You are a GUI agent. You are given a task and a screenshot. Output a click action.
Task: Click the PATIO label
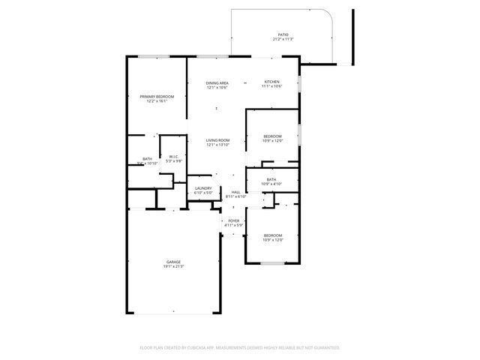tap(283, 34)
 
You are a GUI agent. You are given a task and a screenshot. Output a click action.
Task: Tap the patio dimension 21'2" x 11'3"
tap(283, 39)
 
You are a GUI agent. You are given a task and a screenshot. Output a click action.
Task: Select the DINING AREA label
tap(217, 82)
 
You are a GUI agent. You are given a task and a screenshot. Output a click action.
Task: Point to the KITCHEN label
tap(271, 82)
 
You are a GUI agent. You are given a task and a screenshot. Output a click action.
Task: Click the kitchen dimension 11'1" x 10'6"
tap(271, 86)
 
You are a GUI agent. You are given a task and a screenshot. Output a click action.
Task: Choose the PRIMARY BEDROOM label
tap(157, 96)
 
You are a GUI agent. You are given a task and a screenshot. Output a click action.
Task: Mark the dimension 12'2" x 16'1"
tap(157, 100)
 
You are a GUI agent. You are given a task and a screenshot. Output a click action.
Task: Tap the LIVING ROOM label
tap(218, 140)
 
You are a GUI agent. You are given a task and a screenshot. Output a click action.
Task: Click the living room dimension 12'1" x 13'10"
tap(218, 145)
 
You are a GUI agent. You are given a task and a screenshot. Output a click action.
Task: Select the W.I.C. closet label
tap(173, 156)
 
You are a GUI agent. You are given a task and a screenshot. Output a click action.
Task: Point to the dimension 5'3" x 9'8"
tap(173, 160)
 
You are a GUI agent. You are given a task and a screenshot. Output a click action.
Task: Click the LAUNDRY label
tap(203, 188)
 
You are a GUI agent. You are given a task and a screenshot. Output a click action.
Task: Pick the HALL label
tap(235, 192)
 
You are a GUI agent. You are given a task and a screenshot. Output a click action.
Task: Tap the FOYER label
tap(234, 220)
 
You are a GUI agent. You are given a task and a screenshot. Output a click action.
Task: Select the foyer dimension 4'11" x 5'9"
tap(234, 225)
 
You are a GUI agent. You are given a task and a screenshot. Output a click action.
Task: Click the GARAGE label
tap(173, 262)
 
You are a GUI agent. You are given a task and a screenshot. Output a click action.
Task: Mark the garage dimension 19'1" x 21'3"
tap(173, 266)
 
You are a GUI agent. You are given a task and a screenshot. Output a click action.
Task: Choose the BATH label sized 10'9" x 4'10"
tap(271, 179)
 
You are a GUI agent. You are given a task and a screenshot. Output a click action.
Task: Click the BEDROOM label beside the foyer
tap(272, 235)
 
